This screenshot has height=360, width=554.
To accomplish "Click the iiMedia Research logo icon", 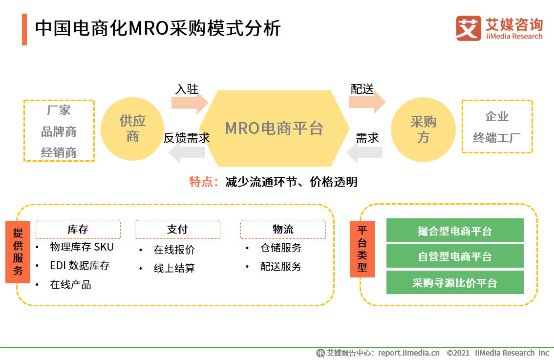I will pyautogui.click(x=468, y=28).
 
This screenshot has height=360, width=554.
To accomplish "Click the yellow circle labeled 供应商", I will pyautogui.click(x=132, y=129).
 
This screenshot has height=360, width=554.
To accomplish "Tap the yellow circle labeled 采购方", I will pyautogui.click(x=423, y=130).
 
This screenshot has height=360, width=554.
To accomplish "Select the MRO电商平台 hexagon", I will pyautogui.click(x=274, y=128).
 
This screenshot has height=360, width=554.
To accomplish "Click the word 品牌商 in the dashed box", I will pyautogui.click(x=59, y=132).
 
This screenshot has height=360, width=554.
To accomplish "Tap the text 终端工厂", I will pyautogui.click(x=497, y=138).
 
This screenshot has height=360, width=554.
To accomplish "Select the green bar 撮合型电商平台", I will pyautogui.click(x=454, y=231).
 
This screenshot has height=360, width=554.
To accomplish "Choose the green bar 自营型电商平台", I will pyautogui.click(x=454, y=256).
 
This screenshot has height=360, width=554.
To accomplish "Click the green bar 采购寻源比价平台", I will pyautogui.click(x=454, y=283).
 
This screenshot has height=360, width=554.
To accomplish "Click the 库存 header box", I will pyautogui.click(x=78, y=229).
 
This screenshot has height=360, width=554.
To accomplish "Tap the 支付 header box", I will pyautogui.click(x=177, y=229).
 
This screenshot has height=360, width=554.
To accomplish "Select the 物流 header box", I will pyautogui.click(x=283, y=229).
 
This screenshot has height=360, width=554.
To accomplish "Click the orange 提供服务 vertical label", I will pyautogui.click(x=18, y=252).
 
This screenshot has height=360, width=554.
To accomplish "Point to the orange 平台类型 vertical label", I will pyautogui.click(x=362, y=249).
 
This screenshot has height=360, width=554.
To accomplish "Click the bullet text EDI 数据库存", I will pyautogui.click(x=80, y=265).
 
